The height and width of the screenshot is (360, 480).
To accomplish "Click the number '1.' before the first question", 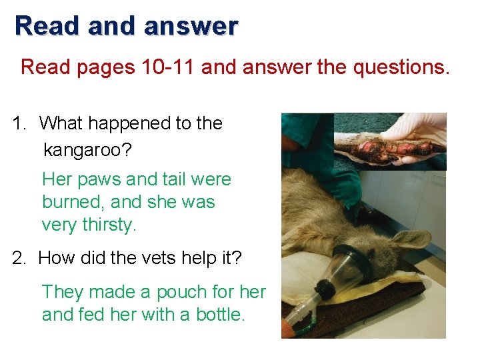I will coord(21,123).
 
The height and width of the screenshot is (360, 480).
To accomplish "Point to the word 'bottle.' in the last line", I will coord(221,314).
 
